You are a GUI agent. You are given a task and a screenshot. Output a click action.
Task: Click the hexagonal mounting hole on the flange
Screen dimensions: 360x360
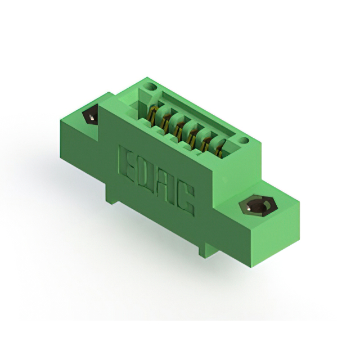[258, 205]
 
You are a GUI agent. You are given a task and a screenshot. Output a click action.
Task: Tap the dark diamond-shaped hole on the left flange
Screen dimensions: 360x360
[91, 115]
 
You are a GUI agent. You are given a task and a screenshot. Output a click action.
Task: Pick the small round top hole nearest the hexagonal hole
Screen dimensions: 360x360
[245, 141]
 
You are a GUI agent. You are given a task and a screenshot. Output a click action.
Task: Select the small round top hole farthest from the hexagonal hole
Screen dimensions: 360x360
[151, 87]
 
